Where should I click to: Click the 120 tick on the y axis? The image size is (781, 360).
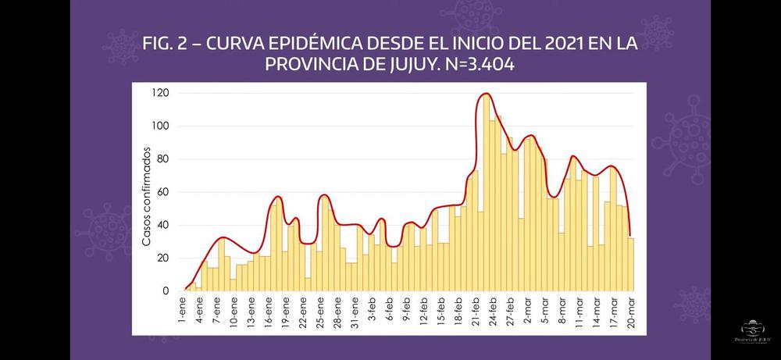tap(161, 93)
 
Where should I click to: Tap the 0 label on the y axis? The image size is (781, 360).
tap(166, 291)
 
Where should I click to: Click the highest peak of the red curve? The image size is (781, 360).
tap(486, 94)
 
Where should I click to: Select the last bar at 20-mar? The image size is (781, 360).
tap(630, 265)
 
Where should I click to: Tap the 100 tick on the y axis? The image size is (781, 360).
tap(161, 126)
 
